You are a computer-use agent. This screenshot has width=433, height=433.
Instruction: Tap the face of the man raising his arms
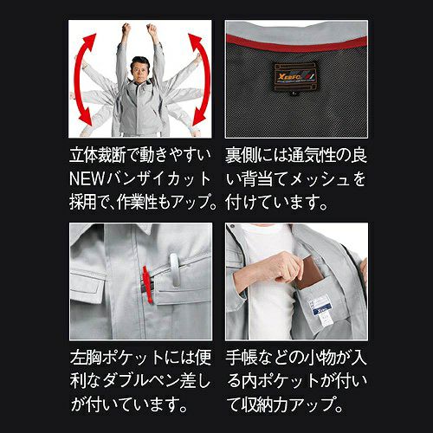[x=139, y=70]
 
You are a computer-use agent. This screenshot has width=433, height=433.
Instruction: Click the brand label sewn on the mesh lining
[x=295, y=76]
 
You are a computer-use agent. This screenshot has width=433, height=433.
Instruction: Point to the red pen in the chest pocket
[x=147, y=285]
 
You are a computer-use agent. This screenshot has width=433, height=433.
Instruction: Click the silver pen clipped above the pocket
[x=174, y=270]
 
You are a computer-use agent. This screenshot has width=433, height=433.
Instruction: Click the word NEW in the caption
[x=87, y=178]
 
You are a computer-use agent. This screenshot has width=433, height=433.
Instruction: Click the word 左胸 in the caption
[x=86, y=358]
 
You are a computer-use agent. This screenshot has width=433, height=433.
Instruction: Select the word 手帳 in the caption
[x=242, y=358]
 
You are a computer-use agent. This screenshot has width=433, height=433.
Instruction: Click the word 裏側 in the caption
[x=241, y=155]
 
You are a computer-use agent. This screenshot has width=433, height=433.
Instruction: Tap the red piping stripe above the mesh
[x=296, y=43]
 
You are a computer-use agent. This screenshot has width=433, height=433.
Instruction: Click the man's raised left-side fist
[x=126, y=28]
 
